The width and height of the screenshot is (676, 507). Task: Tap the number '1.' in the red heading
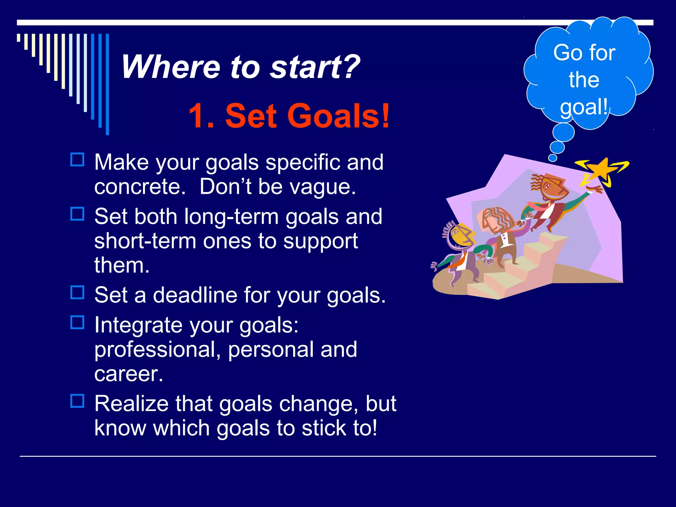coord(202,116)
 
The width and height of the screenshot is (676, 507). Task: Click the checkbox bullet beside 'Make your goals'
coord(78,160)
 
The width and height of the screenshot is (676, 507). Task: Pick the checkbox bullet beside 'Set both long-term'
coord(78,214)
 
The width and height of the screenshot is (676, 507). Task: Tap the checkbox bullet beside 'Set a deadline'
coord(78,292)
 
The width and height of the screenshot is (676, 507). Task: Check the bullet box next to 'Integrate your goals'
coord(78,322)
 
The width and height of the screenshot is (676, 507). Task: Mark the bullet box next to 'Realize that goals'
coord(78,401)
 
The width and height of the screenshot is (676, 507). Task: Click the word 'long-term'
coord(231,217)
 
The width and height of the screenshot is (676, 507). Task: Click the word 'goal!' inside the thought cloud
coord(584,107)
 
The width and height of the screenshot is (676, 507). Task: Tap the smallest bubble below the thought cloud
coord(553,158)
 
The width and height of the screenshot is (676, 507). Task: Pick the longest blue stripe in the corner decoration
coord(107,84)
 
